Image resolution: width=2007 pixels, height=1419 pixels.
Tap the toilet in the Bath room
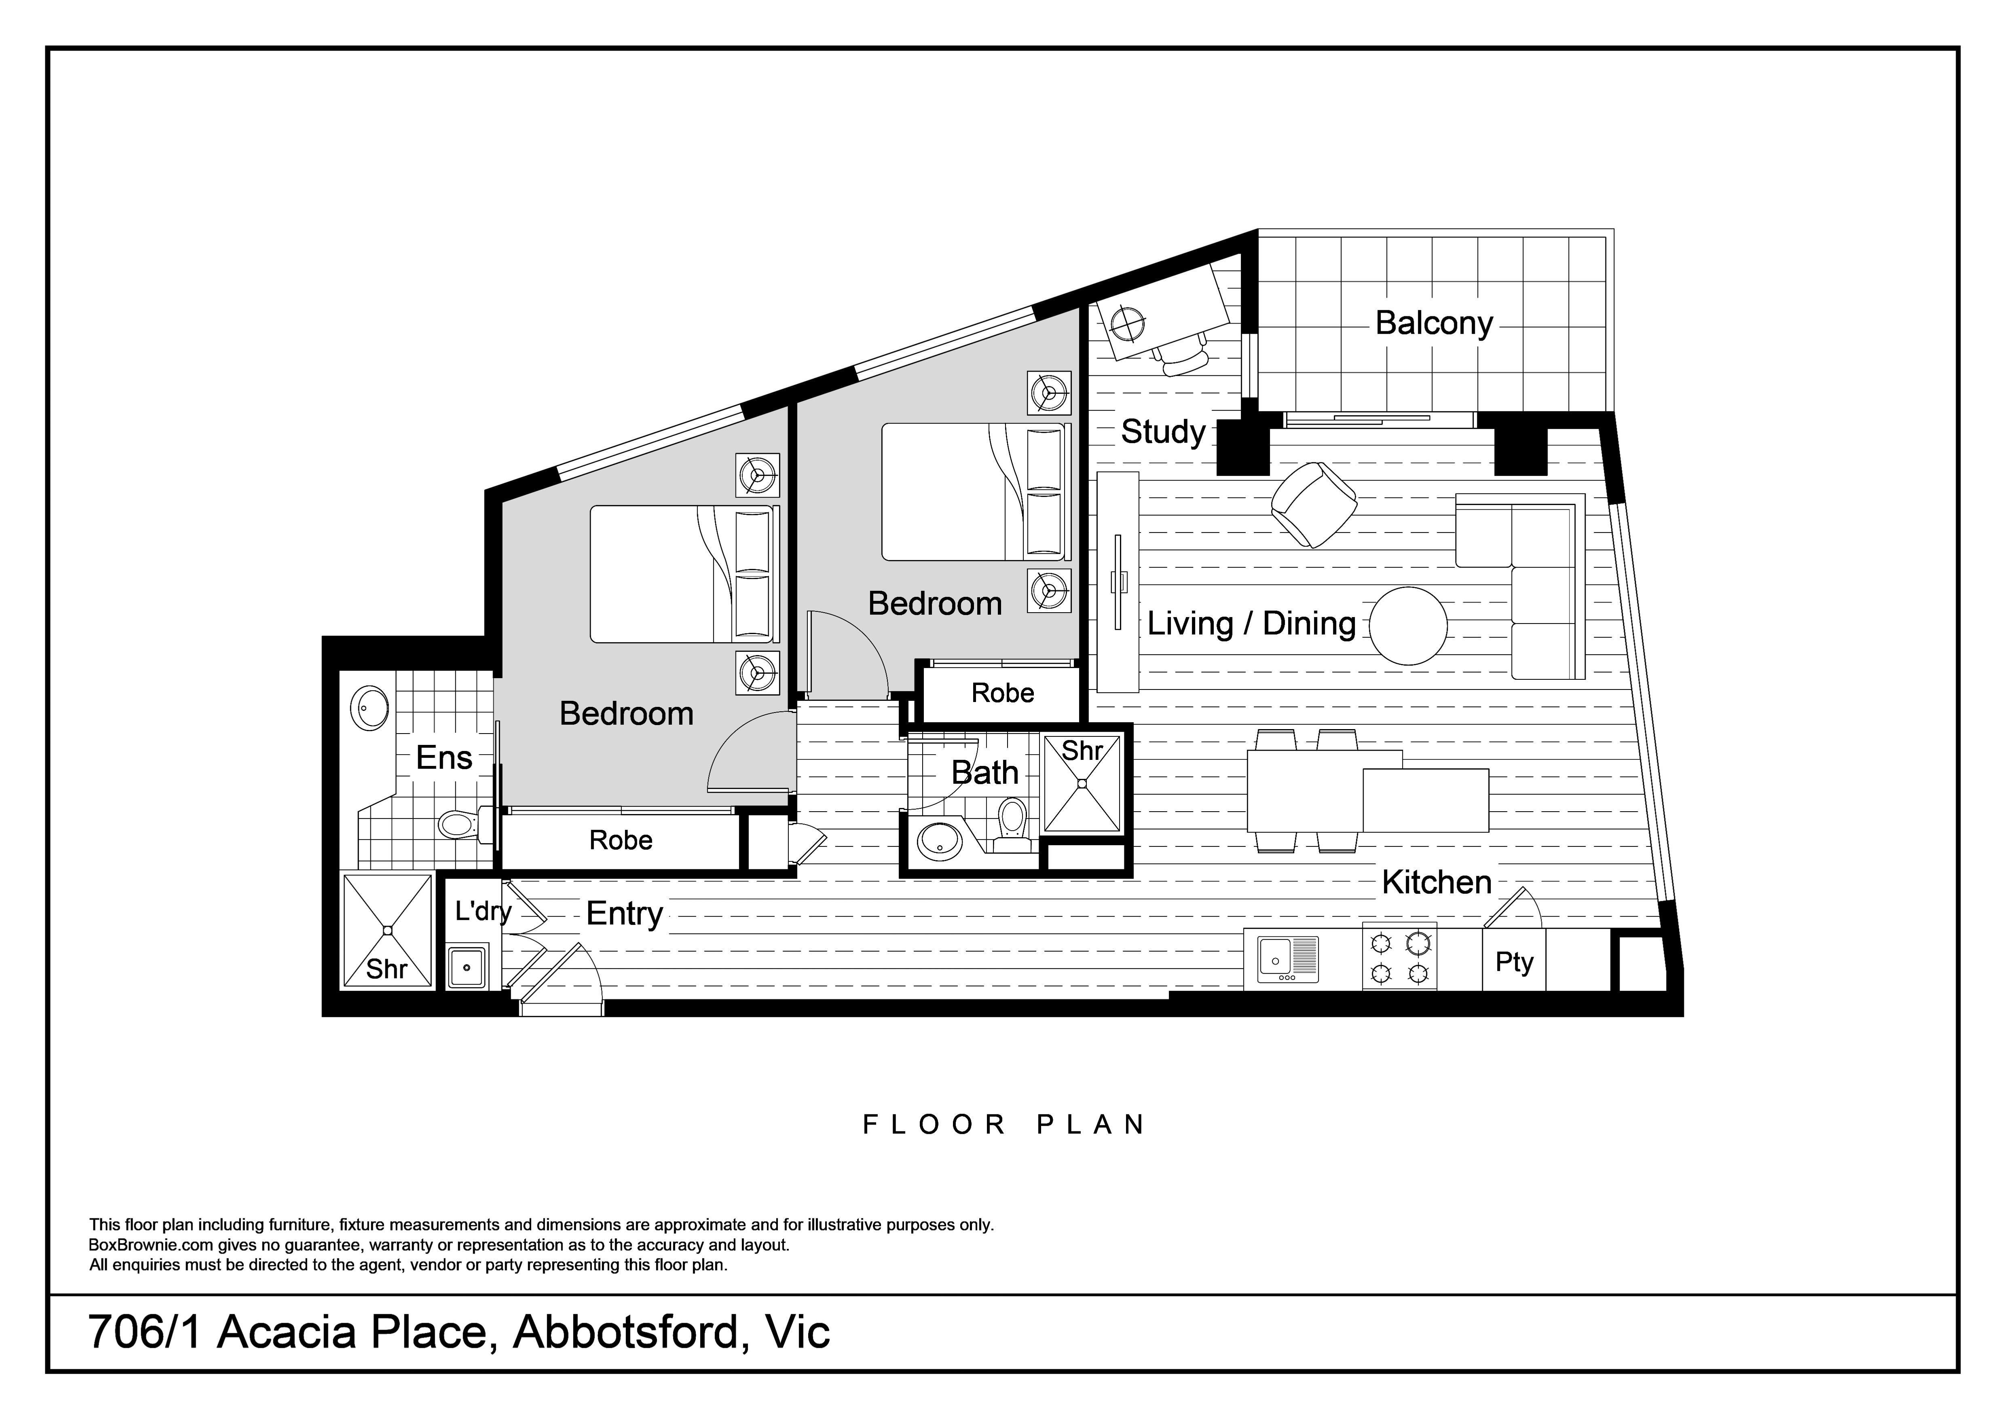(1012, 822)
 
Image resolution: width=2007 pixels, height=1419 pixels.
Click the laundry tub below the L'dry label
(468, 967)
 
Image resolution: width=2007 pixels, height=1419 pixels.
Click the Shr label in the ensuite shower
(387, 969)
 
